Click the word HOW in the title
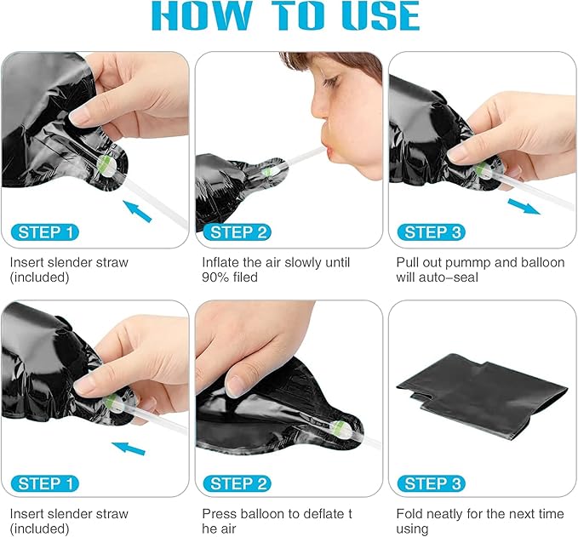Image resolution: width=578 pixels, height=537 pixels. (x=201, y=15)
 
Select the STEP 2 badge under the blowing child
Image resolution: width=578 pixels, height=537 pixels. (x=237, y=232)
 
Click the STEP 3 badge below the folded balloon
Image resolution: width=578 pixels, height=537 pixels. (x=432, y=483)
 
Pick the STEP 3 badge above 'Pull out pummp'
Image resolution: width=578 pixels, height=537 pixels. (x=432, y=232)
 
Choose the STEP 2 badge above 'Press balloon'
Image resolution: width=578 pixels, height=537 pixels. (x=237, y=483)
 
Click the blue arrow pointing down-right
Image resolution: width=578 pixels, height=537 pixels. (x=524, y=207)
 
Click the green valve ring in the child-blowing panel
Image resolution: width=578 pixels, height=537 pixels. (x=266, y=171)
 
